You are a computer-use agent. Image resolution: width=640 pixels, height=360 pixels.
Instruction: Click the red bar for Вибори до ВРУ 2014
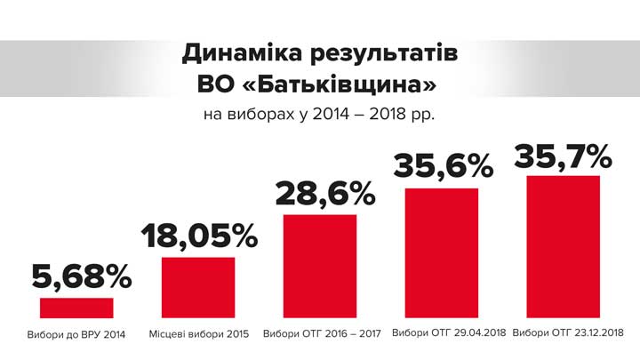tap(76, 308)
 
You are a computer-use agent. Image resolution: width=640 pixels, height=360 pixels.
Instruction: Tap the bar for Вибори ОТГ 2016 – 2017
tap(320, 266)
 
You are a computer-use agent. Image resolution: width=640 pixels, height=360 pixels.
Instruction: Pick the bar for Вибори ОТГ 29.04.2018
tap(442, 252)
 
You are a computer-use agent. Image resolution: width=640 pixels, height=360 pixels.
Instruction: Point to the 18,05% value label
tap(198, 236)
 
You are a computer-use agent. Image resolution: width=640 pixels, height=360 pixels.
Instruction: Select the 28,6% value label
tap(320, 195)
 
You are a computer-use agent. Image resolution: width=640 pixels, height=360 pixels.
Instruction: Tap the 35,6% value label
tap(442, 167)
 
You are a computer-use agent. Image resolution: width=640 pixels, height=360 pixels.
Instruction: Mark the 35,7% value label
tap(563, 156)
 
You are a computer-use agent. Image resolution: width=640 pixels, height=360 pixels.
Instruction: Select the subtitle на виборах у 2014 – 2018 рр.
tap(319, 115)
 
